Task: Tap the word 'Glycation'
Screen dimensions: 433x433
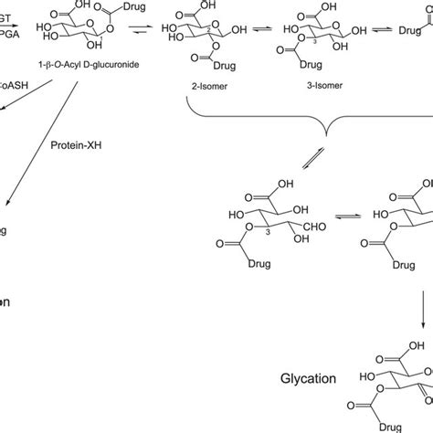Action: (x=304, y=375)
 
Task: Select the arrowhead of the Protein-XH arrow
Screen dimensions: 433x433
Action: (x=6, y=209)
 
